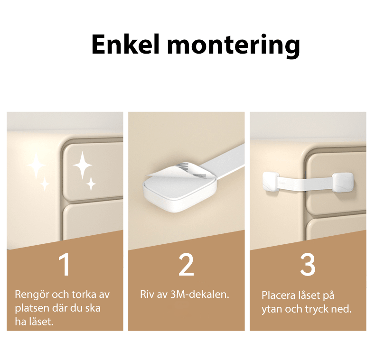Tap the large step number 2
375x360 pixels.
(x=186, y=265)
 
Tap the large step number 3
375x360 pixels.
(x=308, y=265)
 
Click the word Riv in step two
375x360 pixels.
(x=148, y=294)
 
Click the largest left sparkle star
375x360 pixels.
(x=36, y=166)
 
